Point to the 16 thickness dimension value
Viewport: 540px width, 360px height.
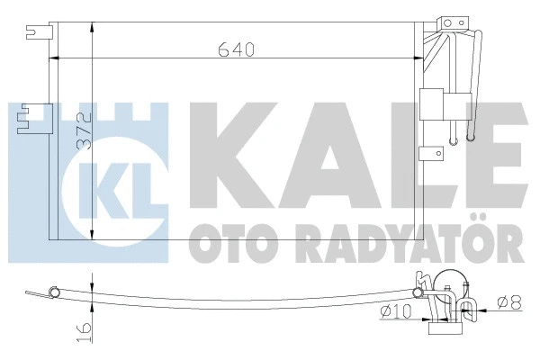coord(82,332)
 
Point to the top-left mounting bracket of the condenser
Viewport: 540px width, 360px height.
coord(36,34)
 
